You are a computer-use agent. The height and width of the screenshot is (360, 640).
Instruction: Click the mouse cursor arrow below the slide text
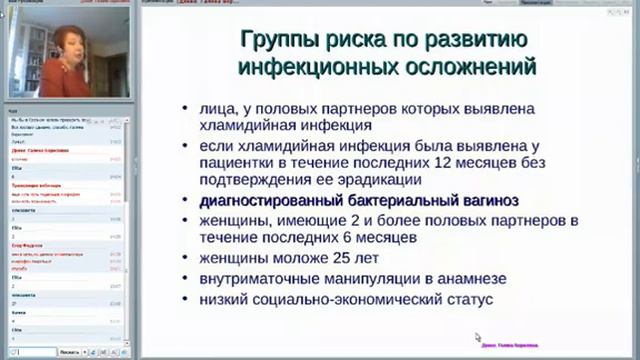478,338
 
